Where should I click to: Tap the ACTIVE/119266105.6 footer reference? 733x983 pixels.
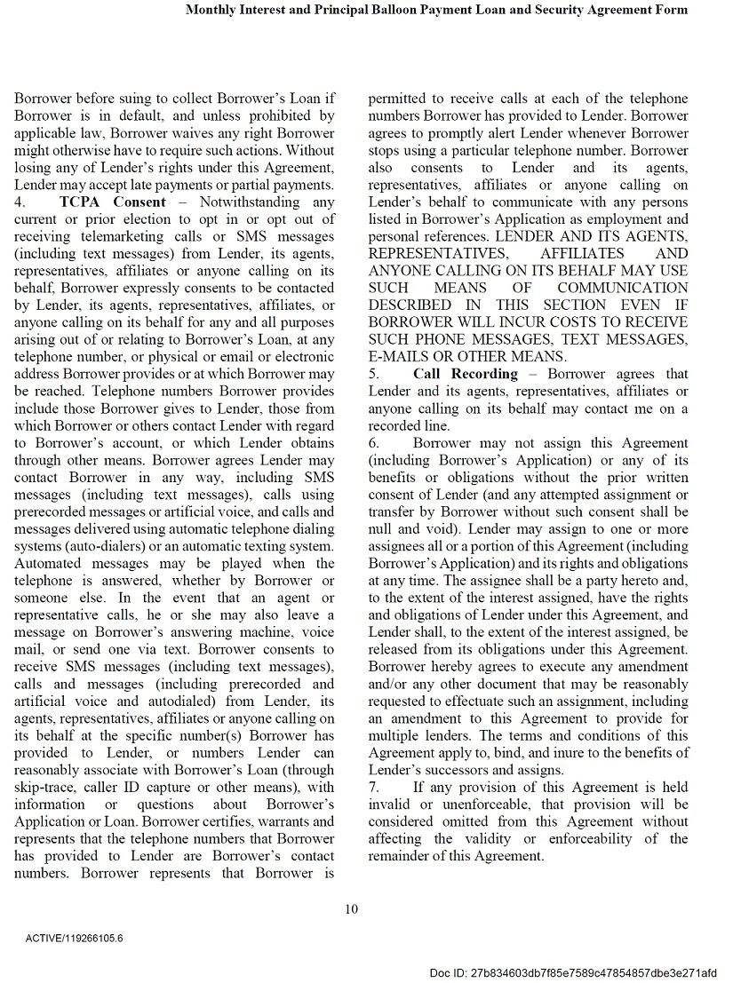(75, 938)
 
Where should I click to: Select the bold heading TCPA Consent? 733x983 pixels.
(113, 202)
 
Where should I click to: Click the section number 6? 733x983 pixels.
(374, 443)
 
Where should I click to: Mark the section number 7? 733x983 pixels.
(374, 787)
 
